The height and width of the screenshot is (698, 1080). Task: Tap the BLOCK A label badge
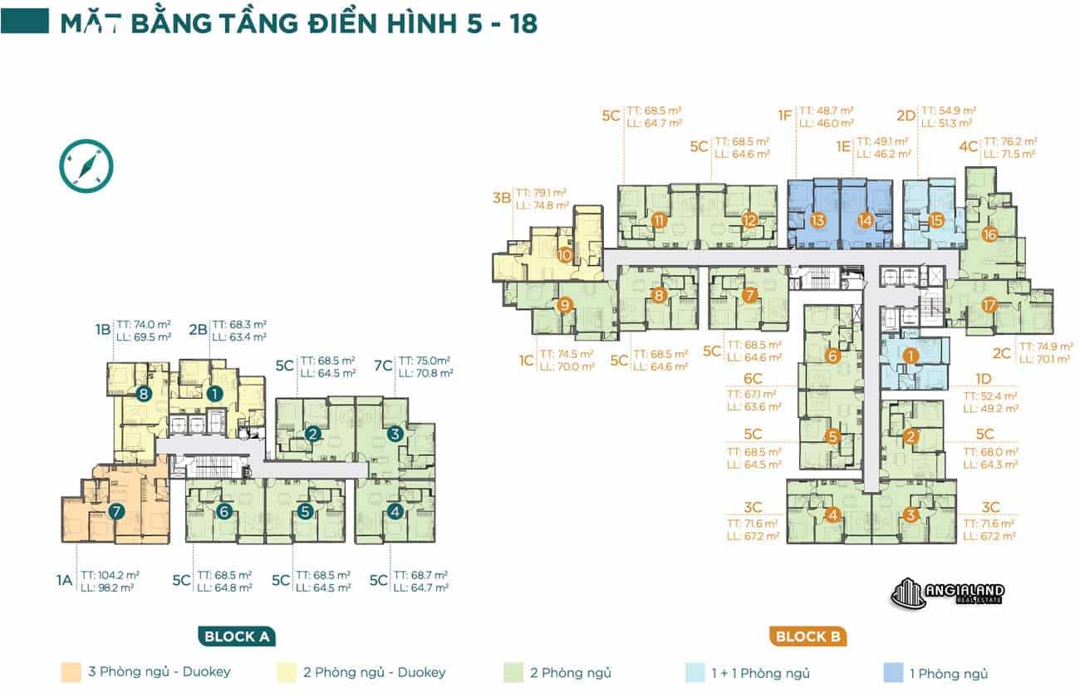[x=237, y=637]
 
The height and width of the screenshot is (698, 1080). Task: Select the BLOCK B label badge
[x=806, y=637]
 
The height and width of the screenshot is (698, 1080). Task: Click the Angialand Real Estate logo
[x=948, y=592]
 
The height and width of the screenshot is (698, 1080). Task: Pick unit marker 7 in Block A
[x=116, y=513]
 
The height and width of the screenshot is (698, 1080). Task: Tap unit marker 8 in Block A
[x=144, y=395]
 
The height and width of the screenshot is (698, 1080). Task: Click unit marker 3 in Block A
[x=395, y=433]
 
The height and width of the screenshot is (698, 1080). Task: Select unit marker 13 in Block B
[x=817, y=221]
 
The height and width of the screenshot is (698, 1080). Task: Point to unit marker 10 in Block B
[x=565, y=255]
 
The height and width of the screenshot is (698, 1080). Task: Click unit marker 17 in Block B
[x=989, y=305]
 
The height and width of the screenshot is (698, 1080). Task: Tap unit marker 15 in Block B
[x=936, y=221]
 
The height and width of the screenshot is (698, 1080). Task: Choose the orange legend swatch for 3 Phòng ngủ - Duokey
[x=71, y=672]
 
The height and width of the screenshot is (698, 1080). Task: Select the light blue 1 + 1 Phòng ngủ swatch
[x=695, y=672]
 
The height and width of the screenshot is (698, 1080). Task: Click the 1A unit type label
[x=65, y=580]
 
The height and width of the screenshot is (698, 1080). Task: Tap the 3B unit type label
[x=501, y=198]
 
